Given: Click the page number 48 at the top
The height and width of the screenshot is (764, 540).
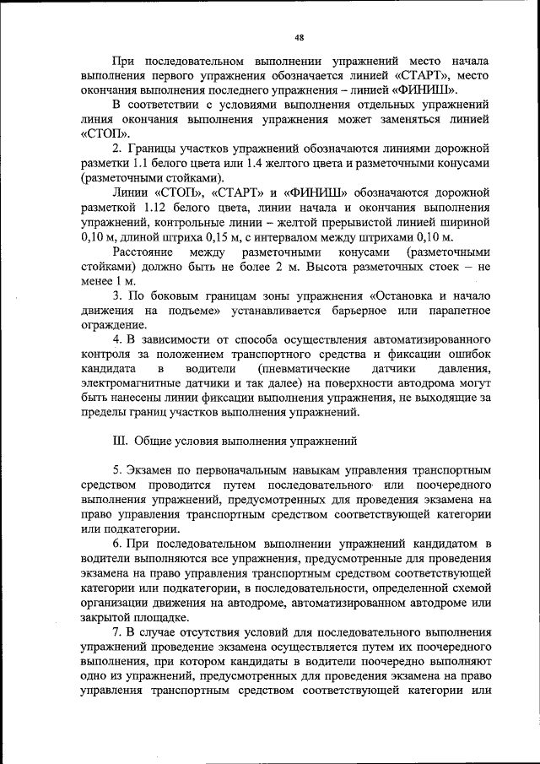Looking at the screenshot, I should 298,37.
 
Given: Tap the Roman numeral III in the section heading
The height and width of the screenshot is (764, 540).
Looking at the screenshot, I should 118,440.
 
